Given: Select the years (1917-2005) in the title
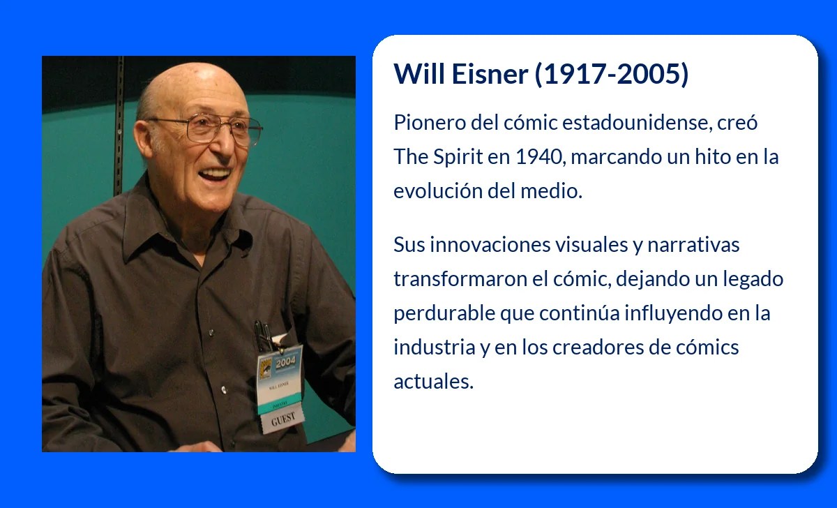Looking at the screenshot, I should pos(612,74).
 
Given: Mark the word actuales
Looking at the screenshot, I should pos(433,382).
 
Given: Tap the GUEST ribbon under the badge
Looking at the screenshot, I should pos(283,419).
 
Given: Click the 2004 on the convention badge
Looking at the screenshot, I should pos(286,363).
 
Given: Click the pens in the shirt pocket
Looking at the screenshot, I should pos(264,335).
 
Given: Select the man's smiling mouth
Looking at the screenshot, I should pos(216,173).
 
